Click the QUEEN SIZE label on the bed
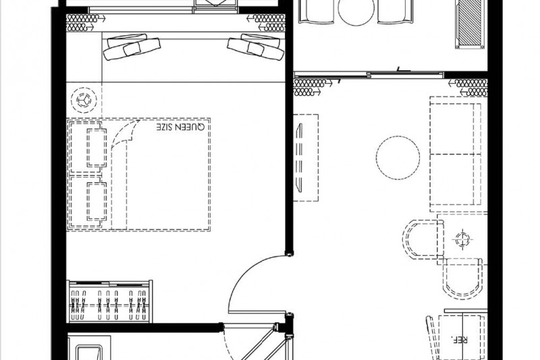pyautogui.click(x=180, y=127)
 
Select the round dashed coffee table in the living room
pyautogui.click(x=398, y=157)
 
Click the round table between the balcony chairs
pyautogui.click(x=356, y=12)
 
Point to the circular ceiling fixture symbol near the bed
pyautogui.click(x=84, y=100)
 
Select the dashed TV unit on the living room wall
pyautogui.click(x=306, y=158)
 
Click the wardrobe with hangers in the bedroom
pyautogui.click(x=111, y=301)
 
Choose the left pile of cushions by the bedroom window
pyautogui.click(x=132, y=47)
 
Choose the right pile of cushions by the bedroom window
pyautogui.click(x=256, y=47)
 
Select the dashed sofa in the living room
pyautogui.click(x=455, y=154)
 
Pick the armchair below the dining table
pyautogui.click(x=462, y=278)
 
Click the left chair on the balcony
pyautogui.click(x=316, y=11)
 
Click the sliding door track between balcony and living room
pyautogui.click(x=369, y=74)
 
